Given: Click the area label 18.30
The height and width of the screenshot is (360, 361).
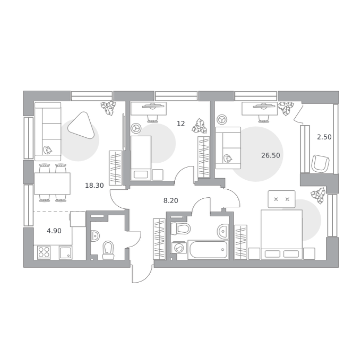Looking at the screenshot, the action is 94,185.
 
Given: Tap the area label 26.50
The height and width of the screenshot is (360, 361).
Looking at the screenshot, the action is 271,155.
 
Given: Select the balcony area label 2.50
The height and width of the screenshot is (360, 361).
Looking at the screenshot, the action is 324,137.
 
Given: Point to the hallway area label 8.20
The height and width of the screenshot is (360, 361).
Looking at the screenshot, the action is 170,201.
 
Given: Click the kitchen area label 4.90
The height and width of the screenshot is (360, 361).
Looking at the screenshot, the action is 54,231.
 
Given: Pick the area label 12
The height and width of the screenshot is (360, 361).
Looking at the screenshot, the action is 180,124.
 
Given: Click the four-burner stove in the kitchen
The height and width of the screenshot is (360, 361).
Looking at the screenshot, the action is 44,252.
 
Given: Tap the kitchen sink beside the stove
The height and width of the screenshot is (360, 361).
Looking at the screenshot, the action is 66,252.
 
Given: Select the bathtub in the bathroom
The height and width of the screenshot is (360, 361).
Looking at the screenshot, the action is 208,250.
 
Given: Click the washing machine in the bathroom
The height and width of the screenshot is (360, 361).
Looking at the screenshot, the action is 179,248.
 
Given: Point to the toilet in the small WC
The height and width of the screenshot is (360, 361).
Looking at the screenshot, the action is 108,250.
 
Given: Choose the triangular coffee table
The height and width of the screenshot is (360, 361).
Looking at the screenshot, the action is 81,125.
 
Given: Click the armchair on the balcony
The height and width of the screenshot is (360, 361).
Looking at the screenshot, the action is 320,163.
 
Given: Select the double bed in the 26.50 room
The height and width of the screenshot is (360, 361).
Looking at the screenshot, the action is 281,234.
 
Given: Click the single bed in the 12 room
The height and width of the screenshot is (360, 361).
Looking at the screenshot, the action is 141,157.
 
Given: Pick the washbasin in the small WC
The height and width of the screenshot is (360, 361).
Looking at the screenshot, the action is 96,236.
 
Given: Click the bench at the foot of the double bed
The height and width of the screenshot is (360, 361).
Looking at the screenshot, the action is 281,199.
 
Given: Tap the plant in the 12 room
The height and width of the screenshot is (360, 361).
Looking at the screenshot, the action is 200,126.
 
